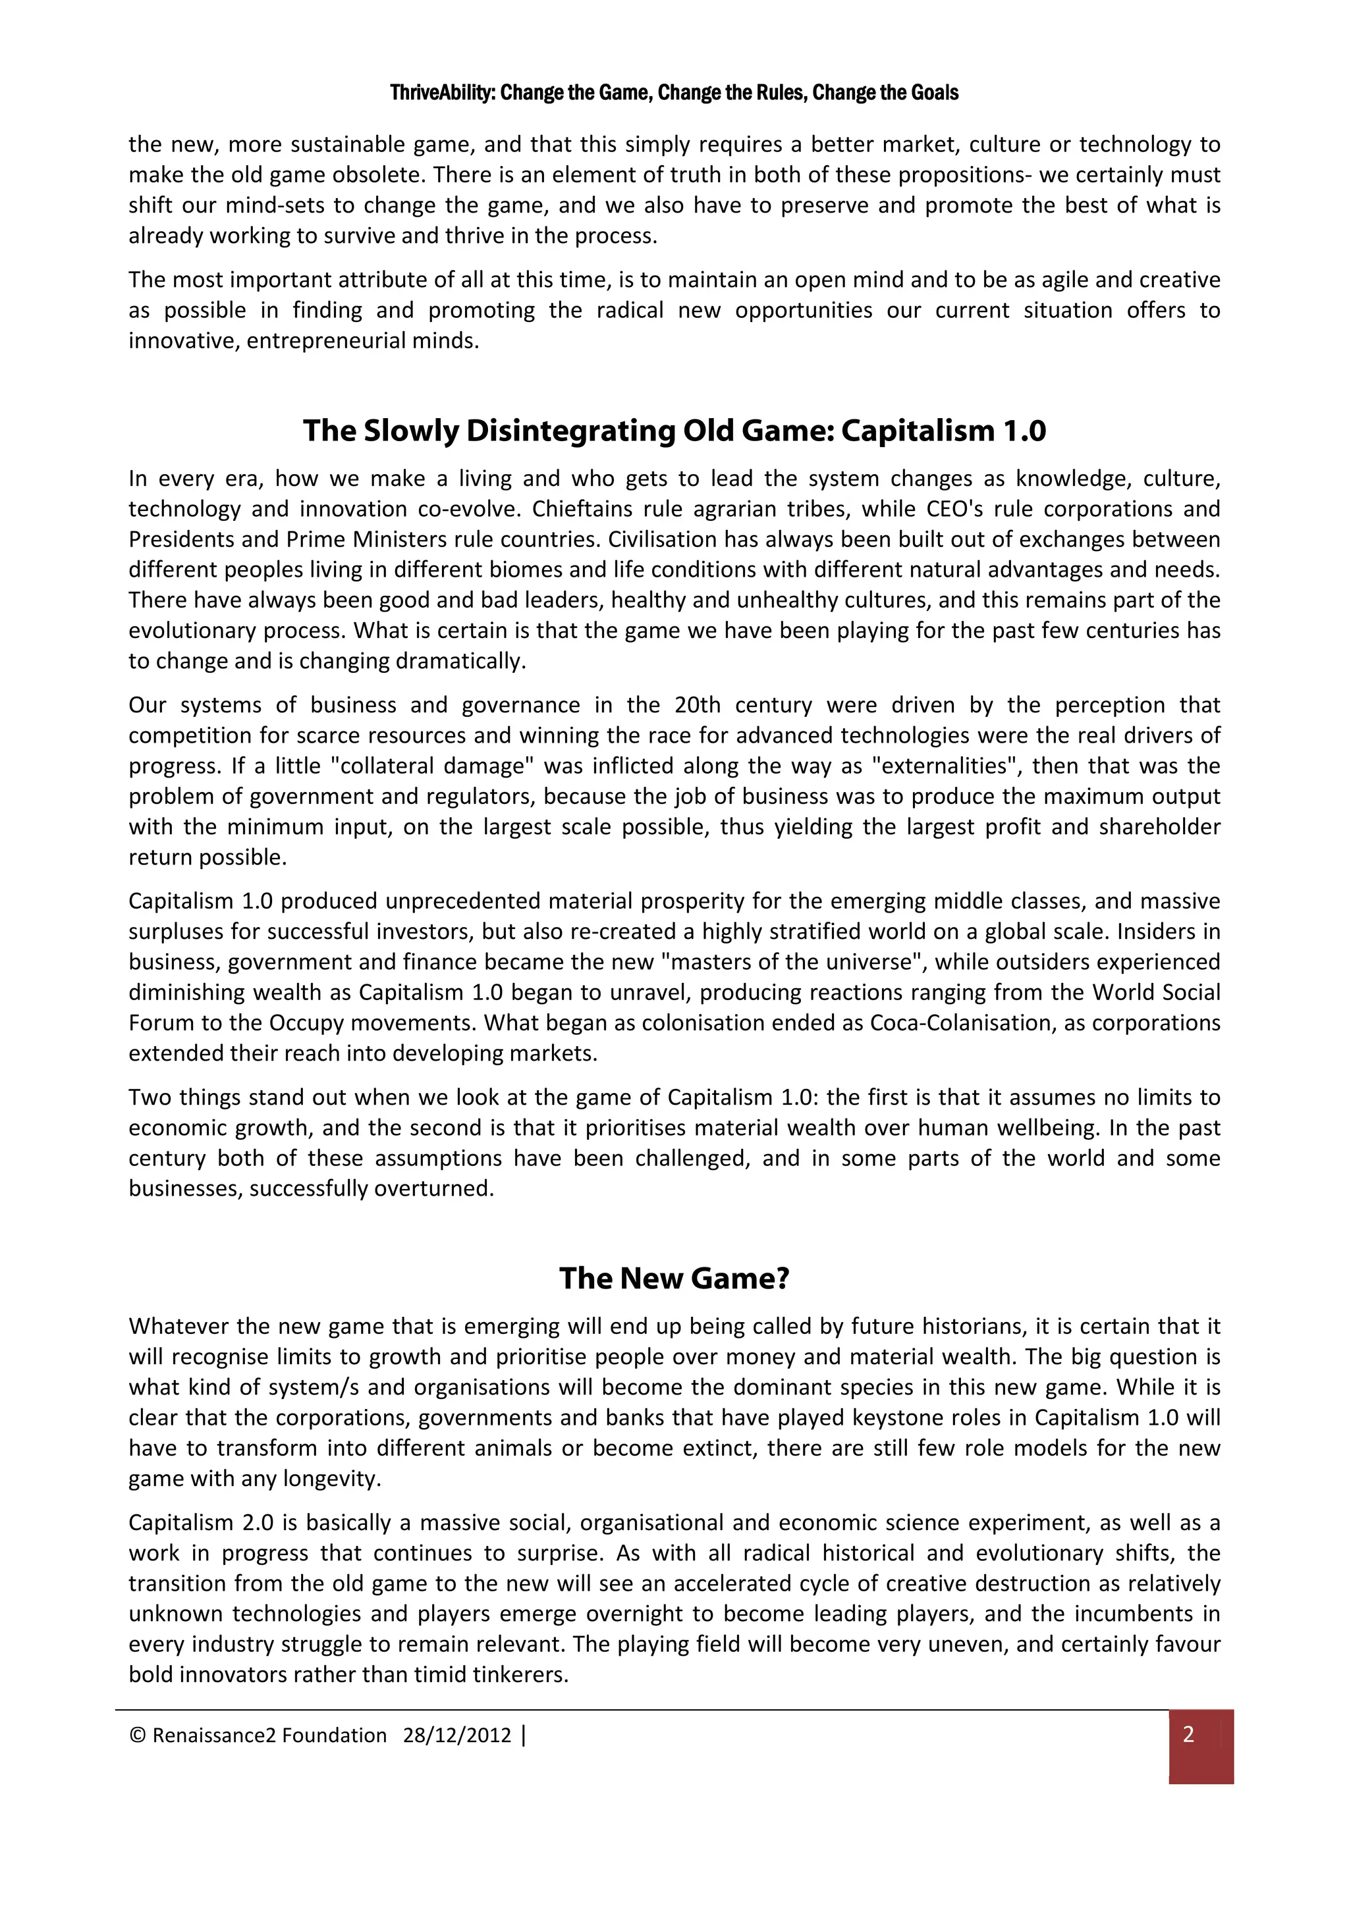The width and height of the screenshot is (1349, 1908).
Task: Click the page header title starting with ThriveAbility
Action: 674,92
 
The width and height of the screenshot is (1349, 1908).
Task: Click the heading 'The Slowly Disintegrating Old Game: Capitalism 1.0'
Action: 674,431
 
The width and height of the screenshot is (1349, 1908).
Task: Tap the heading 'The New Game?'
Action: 674,1278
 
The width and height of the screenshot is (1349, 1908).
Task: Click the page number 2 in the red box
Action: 1188,1734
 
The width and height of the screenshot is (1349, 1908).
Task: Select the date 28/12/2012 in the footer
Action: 456,1735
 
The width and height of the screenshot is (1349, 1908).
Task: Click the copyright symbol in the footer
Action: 138,1735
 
